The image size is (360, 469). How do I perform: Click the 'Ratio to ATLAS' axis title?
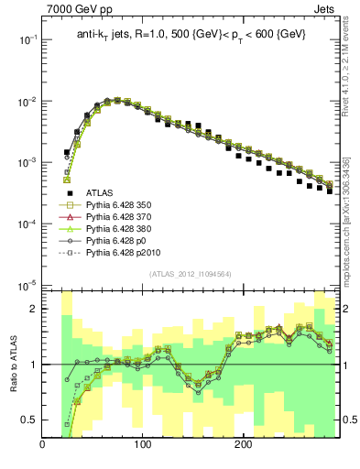10,361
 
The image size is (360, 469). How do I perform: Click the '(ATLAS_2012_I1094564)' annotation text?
190,274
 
